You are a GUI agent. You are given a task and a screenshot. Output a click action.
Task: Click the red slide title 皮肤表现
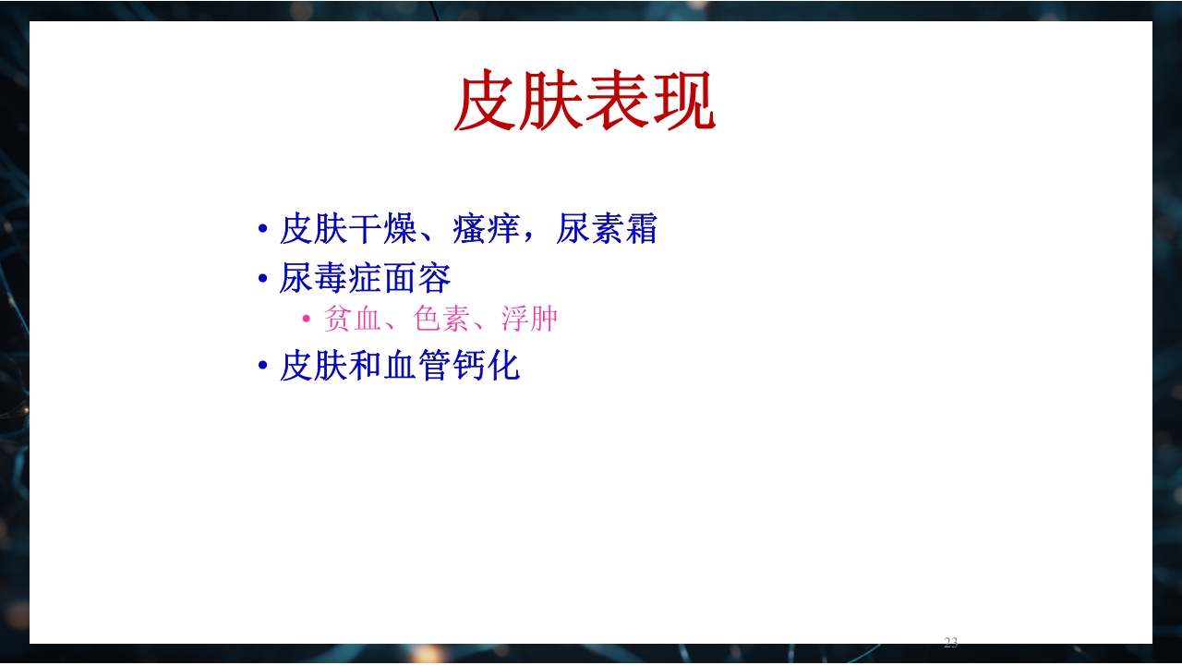tap(585, 102)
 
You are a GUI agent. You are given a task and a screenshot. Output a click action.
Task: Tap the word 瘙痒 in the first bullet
tap(487, 229)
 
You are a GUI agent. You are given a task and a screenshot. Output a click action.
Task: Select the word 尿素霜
tap(607, 229)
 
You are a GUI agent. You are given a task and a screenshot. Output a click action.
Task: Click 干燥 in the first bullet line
tap(383, 229)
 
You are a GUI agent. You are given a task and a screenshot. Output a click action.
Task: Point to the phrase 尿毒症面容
tap(365, 278)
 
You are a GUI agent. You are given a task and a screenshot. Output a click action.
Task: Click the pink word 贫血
tap(353, 320)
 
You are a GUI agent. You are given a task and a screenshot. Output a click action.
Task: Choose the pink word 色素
tap(441, 320)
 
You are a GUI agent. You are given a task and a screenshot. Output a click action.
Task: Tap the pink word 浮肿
tap(530, 320)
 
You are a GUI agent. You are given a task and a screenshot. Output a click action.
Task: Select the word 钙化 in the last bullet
tap(487, 367)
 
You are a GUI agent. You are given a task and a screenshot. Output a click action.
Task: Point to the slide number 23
tap(950, 643)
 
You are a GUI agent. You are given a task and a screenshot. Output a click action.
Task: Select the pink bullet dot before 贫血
tap(308, 320)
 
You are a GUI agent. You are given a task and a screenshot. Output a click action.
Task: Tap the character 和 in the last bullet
tap(366, 367)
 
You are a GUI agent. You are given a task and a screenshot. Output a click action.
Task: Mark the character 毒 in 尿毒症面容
tap(331, 278)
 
